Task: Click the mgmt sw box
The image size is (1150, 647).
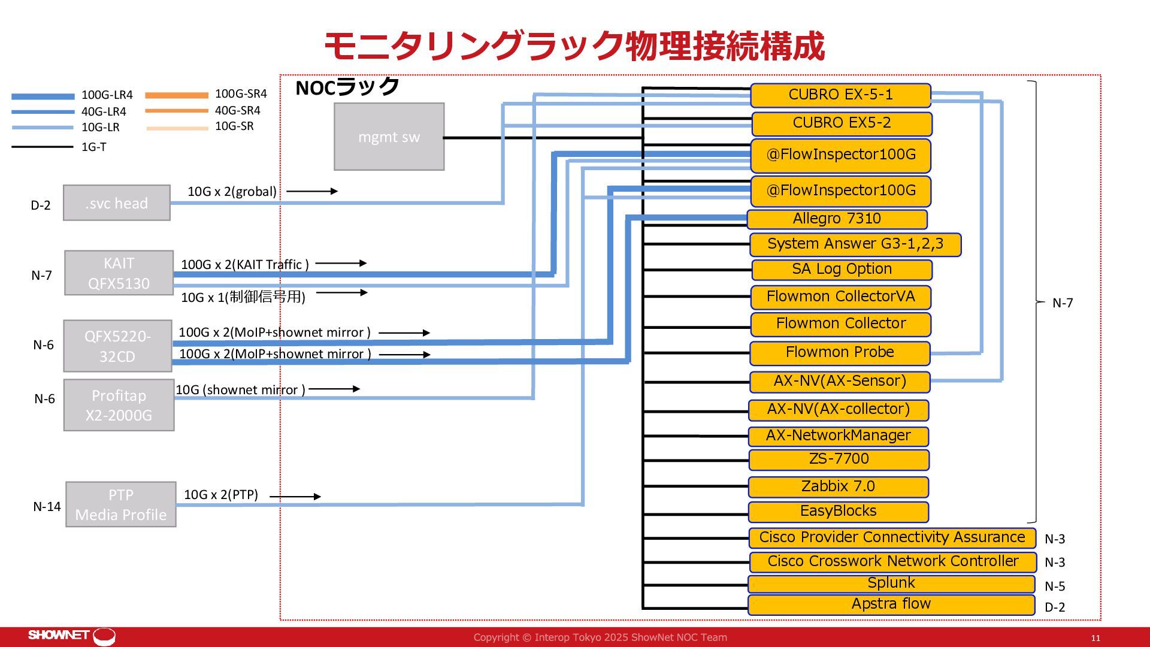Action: pyautogui.click(x=389, y=137)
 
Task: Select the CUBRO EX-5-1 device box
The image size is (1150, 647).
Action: pyautogui.click(x=840, y=95)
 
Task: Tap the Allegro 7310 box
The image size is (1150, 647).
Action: pyautogui.click(x=837, y=219)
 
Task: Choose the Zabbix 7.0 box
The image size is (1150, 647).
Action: pyautogui.click(x=838, y=486)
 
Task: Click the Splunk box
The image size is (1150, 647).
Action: pyautogui.click(x=891, y=583)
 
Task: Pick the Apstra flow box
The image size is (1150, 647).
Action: pyautogui.click(x=891, y=604)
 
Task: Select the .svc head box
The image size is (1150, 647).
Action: pyautogui.click(x=117, y=203)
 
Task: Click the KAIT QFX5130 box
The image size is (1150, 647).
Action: pyautogui.click(x=119, y=273)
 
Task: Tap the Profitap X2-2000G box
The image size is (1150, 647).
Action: pyautogui.click(x=119, y=405)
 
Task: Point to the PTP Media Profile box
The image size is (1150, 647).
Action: pyautogui.click(x=120, y=504)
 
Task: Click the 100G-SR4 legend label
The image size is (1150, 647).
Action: pyautogui.click(x=241, y=94)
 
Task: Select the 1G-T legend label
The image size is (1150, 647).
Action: pyautogui.click(x=94, y=147)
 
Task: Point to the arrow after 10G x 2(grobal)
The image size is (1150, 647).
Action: pyautogui.click(x=312, y=191)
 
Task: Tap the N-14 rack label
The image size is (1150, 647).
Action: pyautogui.click(x=47, y=507)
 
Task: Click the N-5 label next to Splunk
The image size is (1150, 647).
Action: pyautogui.click(x=1055, y=586)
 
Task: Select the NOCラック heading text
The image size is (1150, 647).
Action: pyautogui.click(x=347, y=87)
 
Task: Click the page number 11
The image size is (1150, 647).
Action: pyautogui.click(x=1095, y=638)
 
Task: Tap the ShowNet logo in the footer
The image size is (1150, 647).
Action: pyautogui.click(x=72, y=636)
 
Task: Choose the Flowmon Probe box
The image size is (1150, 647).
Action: pyautogui.click(x=840, y=353)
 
